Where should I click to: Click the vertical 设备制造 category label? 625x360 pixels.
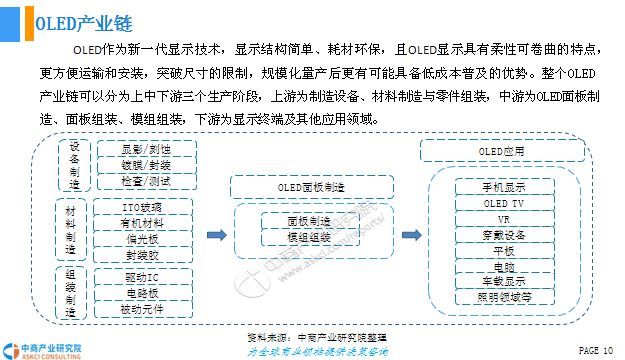(x=74, y=165)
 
